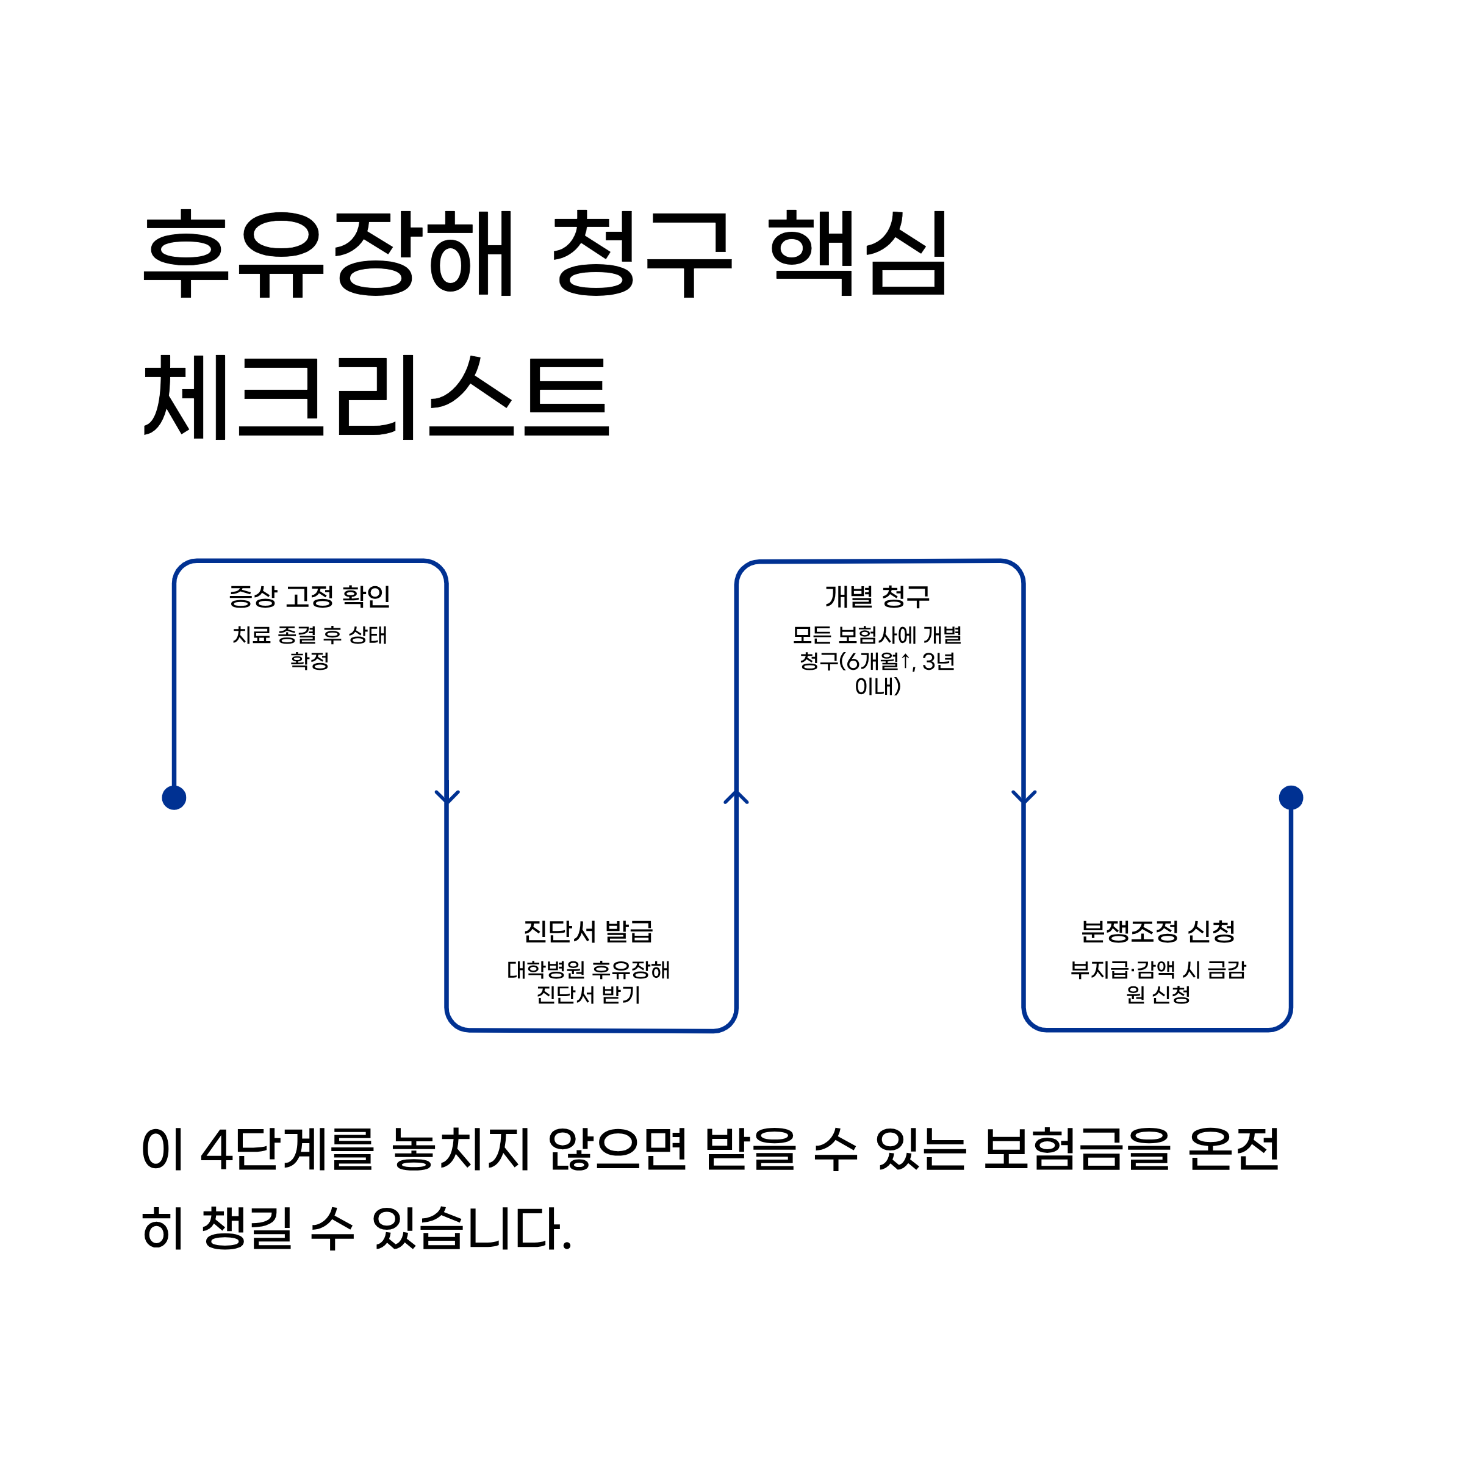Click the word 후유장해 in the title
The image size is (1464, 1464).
(x=329, y=254)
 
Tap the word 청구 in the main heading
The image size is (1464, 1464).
(x=642, y=254)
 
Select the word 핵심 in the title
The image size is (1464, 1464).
(x=858, y=254)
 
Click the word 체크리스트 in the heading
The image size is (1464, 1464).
(x=376, y=397)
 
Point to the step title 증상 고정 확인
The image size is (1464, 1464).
(x=309, y=597)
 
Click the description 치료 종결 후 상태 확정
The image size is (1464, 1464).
(x=309, y=647)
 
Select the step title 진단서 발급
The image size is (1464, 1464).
(x=588, y=931)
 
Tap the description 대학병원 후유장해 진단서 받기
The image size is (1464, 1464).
(x=588, y=982)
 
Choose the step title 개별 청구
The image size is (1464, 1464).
(x=878, y=597)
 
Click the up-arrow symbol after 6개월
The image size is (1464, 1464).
(x=905, y=661)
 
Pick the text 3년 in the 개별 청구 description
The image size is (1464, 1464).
(x=938, y=661)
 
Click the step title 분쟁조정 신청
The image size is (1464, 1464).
(x=1158, y=931)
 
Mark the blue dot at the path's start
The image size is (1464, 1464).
(x=174, y=798)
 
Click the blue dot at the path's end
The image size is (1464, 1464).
(x=1291, y=797)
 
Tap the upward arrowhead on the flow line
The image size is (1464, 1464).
(x=736, y=797)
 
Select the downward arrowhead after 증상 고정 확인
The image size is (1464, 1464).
(x=447, y=797)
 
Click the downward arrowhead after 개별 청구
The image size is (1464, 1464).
(x=1024, y=797)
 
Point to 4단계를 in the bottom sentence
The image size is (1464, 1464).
(x=287, y=1149)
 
